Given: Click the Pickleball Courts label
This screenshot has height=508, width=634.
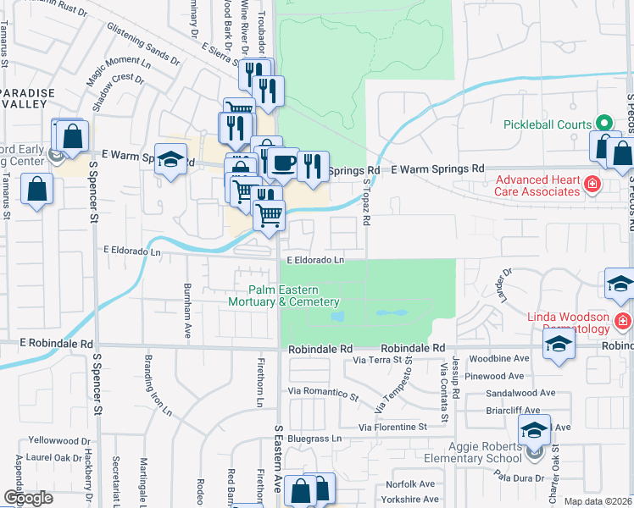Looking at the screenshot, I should [547, 124].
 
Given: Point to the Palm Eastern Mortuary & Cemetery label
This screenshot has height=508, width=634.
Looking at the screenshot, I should [283, 295].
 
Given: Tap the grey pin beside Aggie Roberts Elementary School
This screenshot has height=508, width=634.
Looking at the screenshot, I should [533, 454].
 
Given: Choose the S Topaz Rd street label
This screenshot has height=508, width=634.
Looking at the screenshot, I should [368, 203].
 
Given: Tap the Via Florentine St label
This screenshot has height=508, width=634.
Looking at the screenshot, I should [392, 428].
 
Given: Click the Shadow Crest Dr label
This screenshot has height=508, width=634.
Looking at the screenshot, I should [118, 90].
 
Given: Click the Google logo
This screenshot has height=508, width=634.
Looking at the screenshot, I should [29, 498].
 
